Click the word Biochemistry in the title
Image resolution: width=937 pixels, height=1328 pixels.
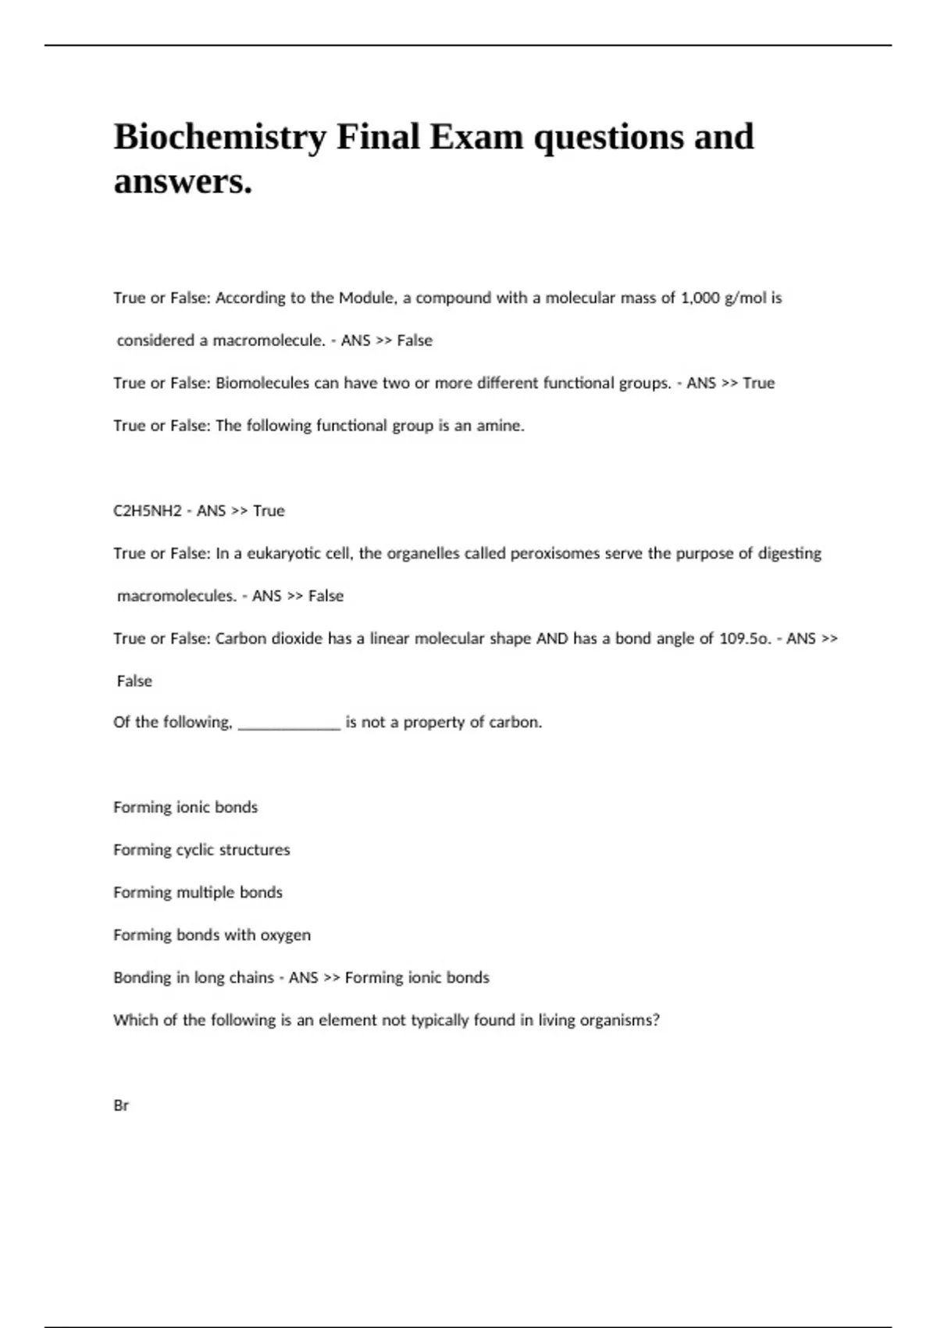(x=219, y=138)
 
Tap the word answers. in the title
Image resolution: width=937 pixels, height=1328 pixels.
(x=183, y=182)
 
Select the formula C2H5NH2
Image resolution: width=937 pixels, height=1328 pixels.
(x=148, y=511)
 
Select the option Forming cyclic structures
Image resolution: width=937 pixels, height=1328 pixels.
(x=201, y=850)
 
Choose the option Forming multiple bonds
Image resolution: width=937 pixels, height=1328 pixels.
(x=198, y=892)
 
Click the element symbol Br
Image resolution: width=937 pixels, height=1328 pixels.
(x=121, y=1105)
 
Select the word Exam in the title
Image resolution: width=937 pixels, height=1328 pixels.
(x=476, y=138)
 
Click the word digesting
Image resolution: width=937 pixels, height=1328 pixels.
(x=789, y=554)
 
